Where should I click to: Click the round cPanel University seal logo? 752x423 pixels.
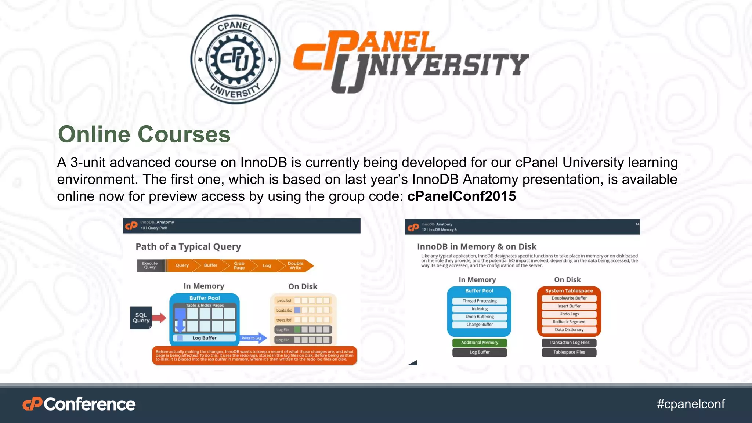point(235,59)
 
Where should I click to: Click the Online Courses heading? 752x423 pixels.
point(144,134)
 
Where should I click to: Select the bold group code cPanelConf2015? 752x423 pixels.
point(462,196)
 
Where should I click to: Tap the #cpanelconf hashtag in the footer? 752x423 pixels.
point(691,404)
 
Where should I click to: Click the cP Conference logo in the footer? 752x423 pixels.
point(79,404)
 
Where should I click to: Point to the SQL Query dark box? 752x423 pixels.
point(141,318)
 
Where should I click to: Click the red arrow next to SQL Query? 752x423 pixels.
point(159,318)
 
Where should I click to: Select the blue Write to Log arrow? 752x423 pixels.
point(254,338)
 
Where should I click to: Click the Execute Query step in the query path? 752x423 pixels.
point(150,265)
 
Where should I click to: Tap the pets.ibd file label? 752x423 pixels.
point(284,301)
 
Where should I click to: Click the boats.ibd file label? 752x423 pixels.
point(284,310)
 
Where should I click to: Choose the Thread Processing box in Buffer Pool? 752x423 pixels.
point(480,301)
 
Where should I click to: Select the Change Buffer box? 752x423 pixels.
point(480,325)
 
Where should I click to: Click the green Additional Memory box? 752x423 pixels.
point(480,343)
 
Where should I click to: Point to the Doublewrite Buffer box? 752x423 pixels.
point(569,298)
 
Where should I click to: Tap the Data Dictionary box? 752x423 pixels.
point(569,330)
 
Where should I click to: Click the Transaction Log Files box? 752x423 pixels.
point(569,343)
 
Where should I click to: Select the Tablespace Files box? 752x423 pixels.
point(569,352)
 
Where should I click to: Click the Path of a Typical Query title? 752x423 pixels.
point(188,247)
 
